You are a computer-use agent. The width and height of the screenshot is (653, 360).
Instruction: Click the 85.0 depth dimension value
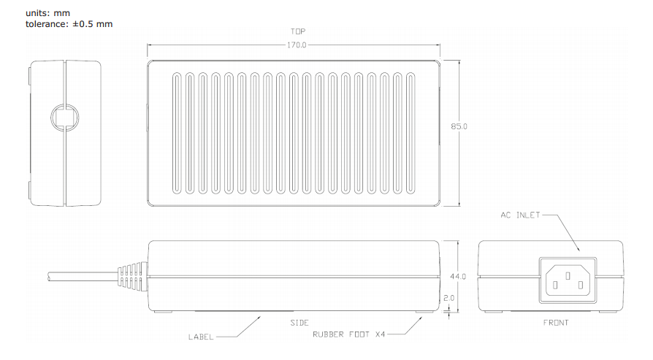[459, 126]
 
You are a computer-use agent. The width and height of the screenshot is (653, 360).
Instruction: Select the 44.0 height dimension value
[458, 276]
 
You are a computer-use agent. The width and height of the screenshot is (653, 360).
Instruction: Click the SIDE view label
[299, 322]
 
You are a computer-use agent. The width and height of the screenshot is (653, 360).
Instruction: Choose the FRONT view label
[556, 322]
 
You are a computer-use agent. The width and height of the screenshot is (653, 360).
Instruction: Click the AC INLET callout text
[521, 215]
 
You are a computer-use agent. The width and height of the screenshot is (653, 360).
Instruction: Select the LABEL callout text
[202, 337]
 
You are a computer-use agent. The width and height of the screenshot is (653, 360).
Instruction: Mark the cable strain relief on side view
[132, 277]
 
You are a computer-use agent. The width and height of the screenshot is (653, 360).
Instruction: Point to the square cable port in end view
[62, 116]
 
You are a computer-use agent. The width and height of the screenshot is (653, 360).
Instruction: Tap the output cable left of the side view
[80, 277]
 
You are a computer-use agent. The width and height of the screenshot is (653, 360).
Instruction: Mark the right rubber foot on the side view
[423, 313]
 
